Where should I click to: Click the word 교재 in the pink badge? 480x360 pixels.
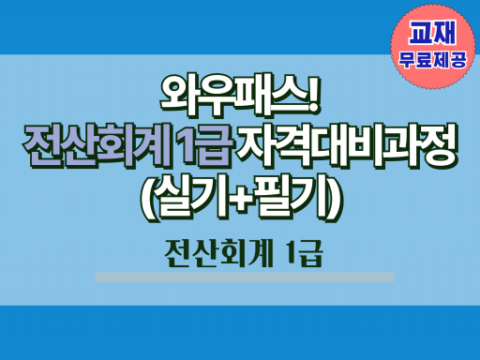pos(432,33)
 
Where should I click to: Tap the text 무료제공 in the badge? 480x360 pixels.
pos(432,59)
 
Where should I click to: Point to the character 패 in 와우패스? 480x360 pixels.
pos(247,96)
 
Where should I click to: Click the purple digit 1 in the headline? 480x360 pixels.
pos(185,145)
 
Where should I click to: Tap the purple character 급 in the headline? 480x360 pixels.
pos(214,145)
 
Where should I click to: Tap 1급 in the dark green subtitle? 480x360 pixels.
pos(304,254)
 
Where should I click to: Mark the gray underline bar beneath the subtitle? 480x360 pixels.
pos(245,277)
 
